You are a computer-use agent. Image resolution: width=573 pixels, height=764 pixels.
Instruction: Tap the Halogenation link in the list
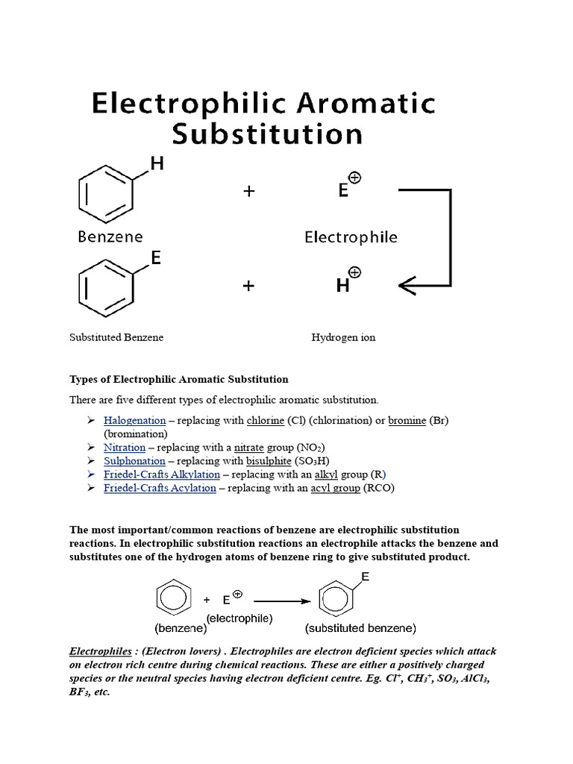(x=134, y=421)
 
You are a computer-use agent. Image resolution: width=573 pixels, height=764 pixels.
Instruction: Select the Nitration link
(x=125, y=448)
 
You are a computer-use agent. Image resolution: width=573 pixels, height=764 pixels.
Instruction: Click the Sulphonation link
(x=134, y=461)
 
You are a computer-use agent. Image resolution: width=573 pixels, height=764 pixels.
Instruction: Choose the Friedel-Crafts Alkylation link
(x=162, y=475)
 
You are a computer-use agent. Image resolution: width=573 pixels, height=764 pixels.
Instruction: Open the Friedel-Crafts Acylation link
(x=160, y=488)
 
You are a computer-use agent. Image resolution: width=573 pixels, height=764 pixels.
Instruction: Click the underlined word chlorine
(x=265, y=421)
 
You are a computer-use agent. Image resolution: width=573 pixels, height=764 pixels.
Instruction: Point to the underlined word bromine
(x=407, y=421)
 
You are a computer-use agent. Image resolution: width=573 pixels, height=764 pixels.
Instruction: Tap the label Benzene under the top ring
(x=110, y=237)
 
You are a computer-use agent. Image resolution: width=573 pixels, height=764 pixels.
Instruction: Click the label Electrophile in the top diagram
(x=351, y=237)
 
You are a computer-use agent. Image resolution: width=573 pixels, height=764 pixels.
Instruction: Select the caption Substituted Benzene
(x=116, y=337)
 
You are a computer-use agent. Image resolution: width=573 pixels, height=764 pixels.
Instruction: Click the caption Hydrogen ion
(x=343, y=337)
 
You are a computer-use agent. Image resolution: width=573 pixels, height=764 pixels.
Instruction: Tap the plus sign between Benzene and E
(x=248, y=191)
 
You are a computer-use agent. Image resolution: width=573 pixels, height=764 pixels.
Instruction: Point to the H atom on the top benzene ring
(x=157, y=163)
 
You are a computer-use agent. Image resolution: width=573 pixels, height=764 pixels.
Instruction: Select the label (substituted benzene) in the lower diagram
(x=361, y=627)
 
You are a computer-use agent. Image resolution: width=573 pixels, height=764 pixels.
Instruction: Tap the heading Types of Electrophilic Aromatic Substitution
(x=178, y=380)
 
